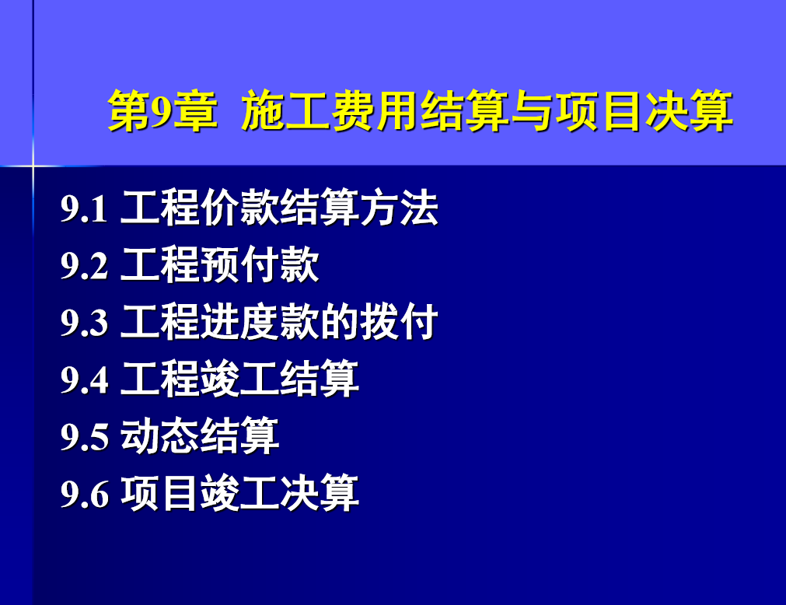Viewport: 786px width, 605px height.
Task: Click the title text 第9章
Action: [x=163, y=110]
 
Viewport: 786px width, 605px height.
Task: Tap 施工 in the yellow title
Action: [x=285, y=110]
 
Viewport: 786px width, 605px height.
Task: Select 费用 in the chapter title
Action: [x=375, y=110]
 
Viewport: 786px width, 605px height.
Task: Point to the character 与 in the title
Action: [x=531, y=110]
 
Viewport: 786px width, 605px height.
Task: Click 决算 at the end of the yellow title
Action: [x=689, y=110]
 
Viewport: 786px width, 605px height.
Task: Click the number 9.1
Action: [x=84, y=208]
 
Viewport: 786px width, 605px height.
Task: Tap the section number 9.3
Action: [x=84, y=322]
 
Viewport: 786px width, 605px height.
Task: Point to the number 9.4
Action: [x=84, y=379]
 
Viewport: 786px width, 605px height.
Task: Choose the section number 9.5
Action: [x=84, y=436]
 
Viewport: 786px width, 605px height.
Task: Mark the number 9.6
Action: [x=84, y=494]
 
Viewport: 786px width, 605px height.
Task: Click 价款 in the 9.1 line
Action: [x=239, y=208]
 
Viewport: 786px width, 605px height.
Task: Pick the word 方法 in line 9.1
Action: [x=399, y=208]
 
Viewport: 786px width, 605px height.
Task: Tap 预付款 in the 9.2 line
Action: [x=260, y=264]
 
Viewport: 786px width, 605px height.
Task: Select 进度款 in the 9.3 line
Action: [x=260, y=321]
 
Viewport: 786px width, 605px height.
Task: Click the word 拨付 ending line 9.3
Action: [x=399, y=321]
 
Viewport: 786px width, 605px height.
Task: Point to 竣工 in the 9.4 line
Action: [x=239, y=379]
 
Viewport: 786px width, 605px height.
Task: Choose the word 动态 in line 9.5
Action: [x=160, y=435]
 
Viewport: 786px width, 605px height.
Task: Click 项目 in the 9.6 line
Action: [x=160, y=493]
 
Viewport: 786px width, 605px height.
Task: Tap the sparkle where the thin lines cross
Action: [x=33, y=166]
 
